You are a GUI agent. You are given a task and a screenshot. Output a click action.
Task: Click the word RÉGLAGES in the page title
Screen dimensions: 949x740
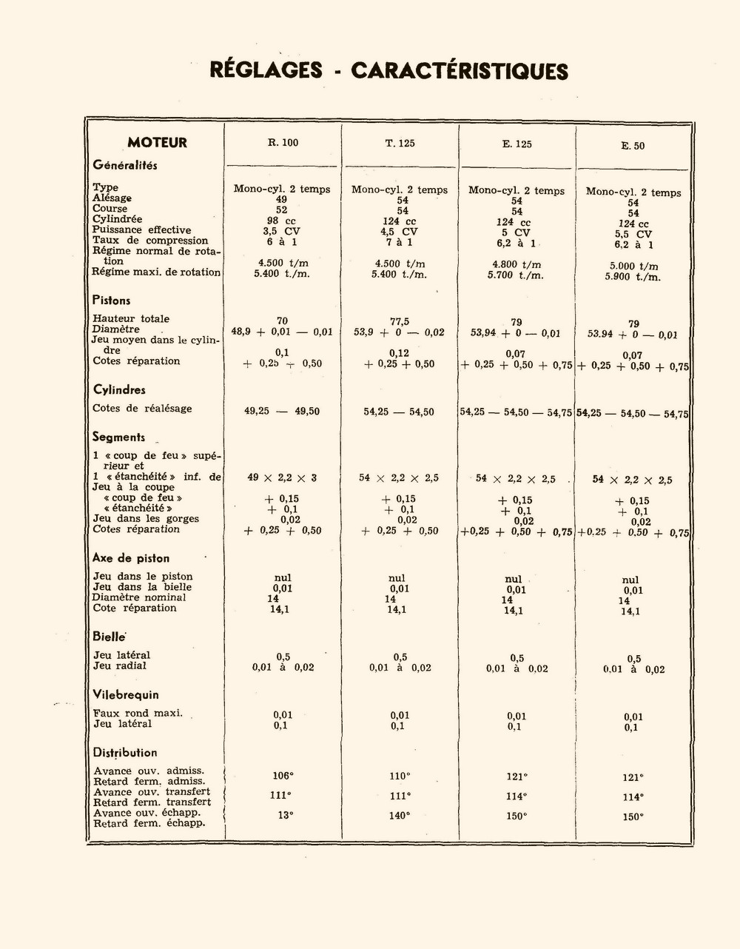tap(266, 70)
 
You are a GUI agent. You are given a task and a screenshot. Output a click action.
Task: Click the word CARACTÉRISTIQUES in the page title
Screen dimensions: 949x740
tap(459, 71)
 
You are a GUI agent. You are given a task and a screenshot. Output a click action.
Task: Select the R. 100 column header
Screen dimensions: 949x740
tap(283, 143)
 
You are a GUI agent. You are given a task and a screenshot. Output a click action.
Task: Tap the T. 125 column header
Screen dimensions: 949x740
tap(400, 144)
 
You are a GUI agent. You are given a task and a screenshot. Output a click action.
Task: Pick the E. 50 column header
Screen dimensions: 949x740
tap(633, 146)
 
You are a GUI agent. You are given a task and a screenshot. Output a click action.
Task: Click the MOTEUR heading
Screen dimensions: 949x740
tap(157, 143)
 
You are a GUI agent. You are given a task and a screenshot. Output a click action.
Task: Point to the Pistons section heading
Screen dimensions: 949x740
tap(111, 301)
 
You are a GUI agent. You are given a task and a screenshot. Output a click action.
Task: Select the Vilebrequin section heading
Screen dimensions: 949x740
tap(126, 695)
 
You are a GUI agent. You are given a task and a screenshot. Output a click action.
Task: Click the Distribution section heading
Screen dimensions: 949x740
tap(125, 753)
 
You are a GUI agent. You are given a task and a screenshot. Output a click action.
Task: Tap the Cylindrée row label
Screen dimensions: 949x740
tap(117, 219)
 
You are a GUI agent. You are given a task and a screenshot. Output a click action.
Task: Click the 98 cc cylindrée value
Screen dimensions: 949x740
tap(282, 221)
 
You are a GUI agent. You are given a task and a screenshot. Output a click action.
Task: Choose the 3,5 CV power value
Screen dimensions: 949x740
tap(281, 231)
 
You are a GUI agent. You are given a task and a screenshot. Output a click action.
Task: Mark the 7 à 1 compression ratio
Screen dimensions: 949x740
tap(400, 242)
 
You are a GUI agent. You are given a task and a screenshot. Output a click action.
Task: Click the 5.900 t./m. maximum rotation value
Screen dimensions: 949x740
tap(633, 278)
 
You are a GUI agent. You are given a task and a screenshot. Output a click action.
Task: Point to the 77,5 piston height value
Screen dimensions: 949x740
tap(400, 322)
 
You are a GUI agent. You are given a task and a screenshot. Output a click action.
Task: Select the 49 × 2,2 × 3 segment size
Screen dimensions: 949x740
tap(282, 478)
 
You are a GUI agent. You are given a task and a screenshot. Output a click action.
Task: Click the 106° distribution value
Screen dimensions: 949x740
tap(283, 776)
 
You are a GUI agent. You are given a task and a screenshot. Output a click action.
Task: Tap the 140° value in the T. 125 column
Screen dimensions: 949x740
tap(400, 816)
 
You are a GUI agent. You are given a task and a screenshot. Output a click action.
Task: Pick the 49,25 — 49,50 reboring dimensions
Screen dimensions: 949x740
tap(282, 411)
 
